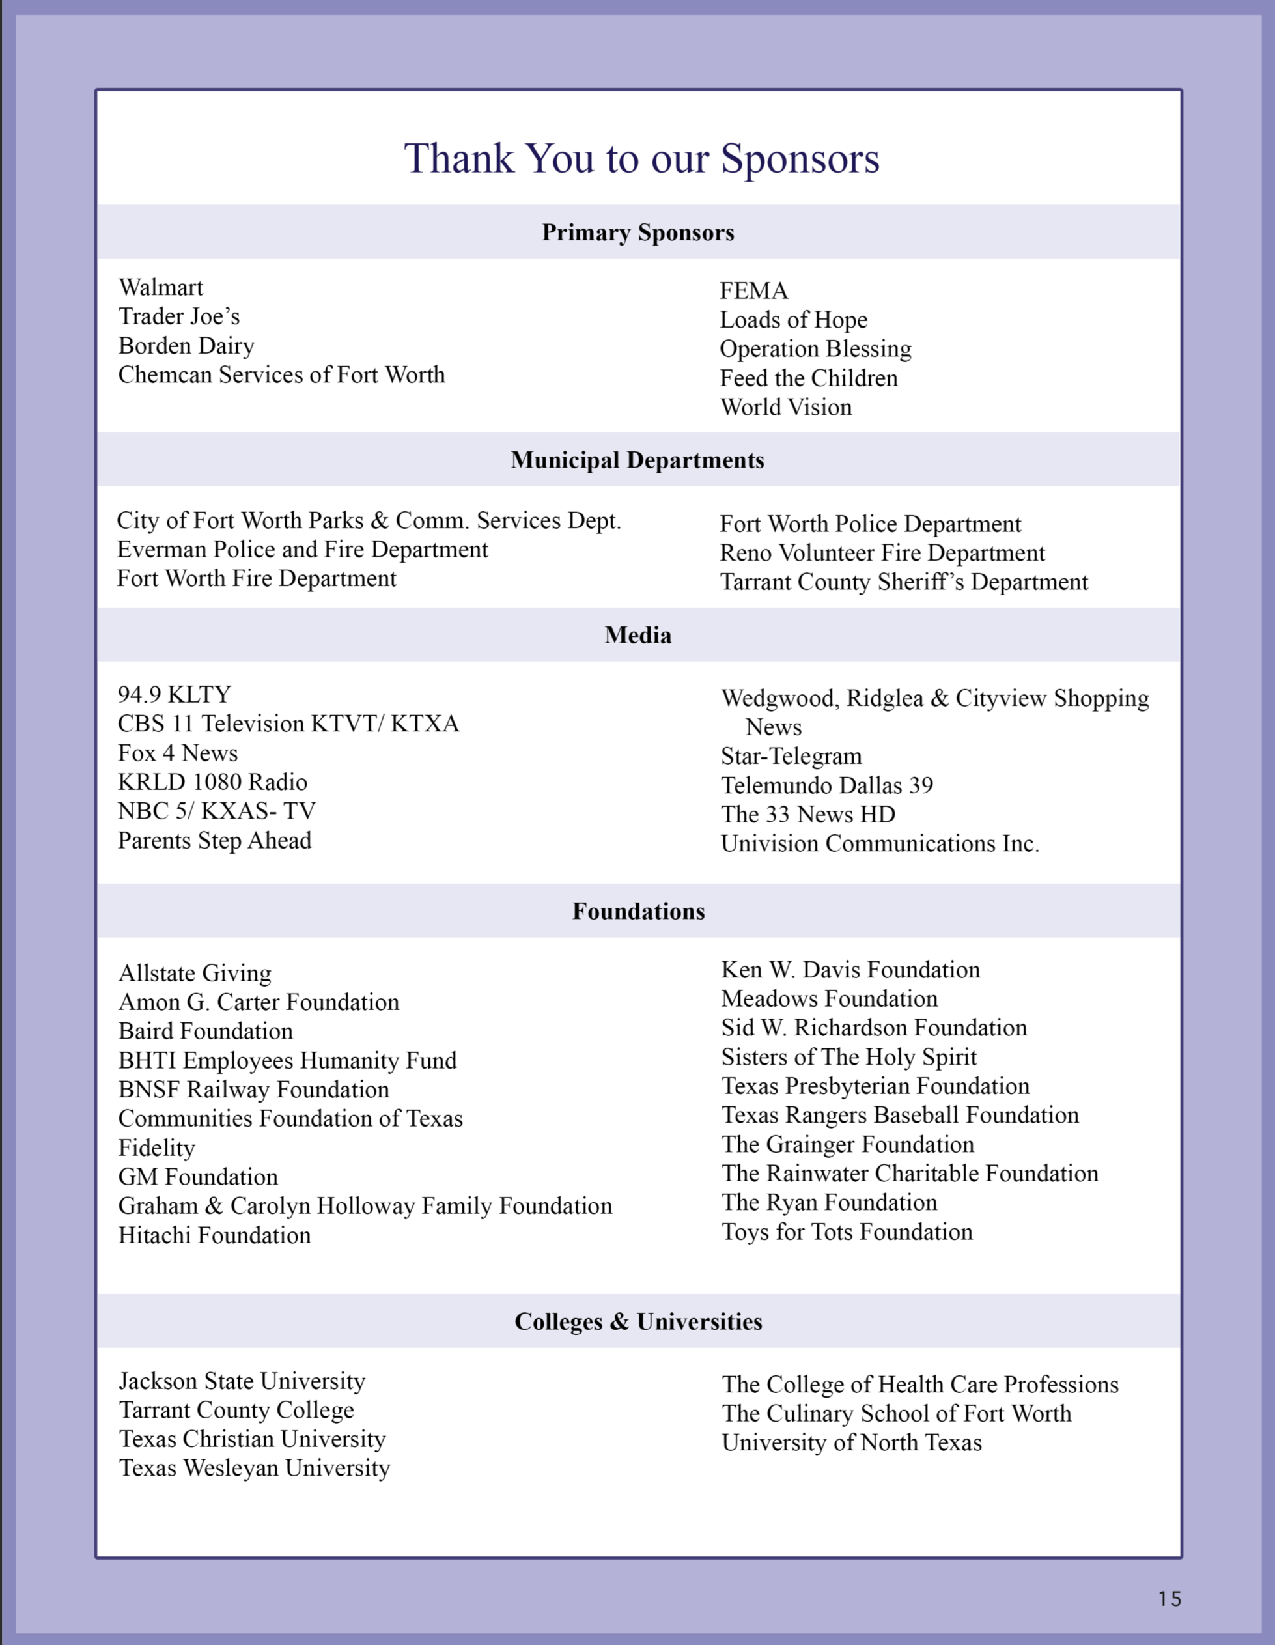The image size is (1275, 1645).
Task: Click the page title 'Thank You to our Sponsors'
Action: [641, 159]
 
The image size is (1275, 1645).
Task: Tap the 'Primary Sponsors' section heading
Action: [638, 232]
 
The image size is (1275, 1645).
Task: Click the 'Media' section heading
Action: [638, 636]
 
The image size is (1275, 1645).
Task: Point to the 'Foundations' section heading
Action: [639, 911]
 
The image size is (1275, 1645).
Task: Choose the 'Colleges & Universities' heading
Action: [638, 1322]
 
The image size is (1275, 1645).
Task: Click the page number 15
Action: [1170, 1599]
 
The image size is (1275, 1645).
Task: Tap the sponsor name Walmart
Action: [160, 288]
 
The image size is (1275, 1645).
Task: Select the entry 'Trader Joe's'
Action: [178, 317]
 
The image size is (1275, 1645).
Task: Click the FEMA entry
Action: [753, 290]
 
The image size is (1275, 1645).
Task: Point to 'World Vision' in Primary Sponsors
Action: [785, 408]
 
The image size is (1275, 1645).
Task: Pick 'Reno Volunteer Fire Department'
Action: [882, 554]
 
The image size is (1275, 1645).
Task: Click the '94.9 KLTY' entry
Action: [174, 694]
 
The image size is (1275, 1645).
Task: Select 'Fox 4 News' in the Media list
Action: [177, 753]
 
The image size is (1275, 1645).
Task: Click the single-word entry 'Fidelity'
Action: [157, 1148]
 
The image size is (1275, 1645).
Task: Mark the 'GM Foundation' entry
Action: [198, 1177]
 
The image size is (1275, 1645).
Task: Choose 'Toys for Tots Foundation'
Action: [847, 1232]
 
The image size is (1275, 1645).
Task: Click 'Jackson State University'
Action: [242, 1381]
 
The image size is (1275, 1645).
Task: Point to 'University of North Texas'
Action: [851, 1443]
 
